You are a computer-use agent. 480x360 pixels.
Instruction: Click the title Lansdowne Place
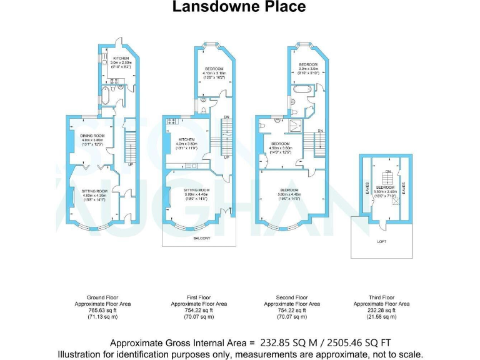(240, 7)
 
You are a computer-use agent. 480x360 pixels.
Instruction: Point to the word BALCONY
(201, 237)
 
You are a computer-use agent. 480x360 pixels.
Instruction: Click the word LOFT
(382, 240)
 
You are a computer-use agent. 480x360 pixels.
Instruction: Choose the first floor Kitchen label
(186, 139)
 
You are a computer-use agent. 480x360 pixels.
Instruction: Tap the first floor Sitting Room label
(198, 190)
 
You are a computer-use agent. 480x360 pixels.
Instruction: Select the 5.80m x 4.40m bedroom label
(289, 190)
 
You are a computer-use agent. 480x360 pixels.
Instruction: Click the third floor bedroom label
(384, 187)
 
